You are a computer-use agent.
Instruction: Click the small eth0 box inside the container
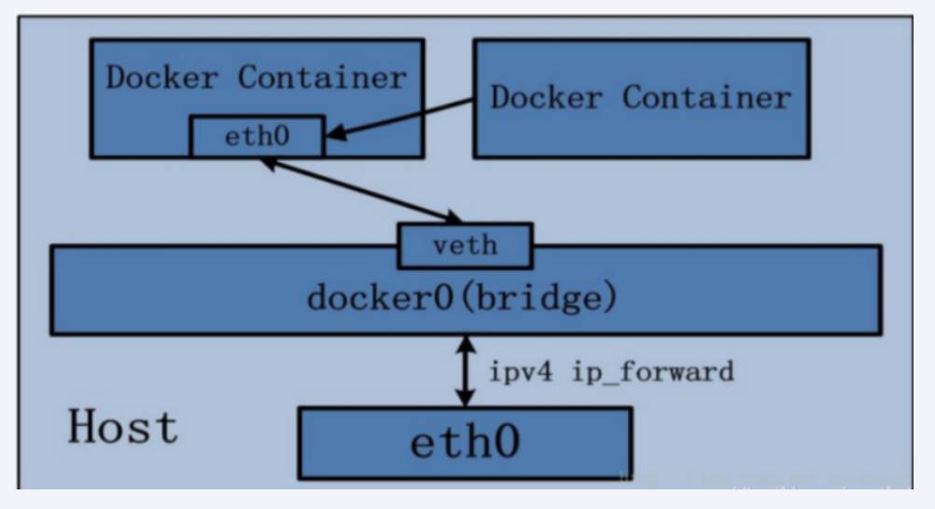click(x=257, y=136)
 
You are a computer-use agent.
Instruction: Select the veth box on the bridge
click(x=465, y=246)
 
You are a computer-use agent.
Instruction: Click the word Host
click(x=122, y=428)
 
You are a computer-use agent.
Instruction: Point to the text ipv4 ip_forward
click(x=611, y=372)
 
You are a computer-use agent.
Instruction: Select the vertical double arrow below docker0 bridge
click(x=465, y=371)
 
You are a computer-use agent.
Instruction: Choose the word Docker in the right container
click(x=548, y=96)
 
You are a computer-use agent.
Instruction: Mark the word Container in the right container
click(x=706, y=96)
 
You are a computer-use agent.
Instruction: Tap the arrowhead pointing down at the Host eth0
click(x=465, y=398)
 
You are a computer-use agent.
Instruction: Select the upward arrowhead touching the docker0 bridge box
click(x=465, y=343)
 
